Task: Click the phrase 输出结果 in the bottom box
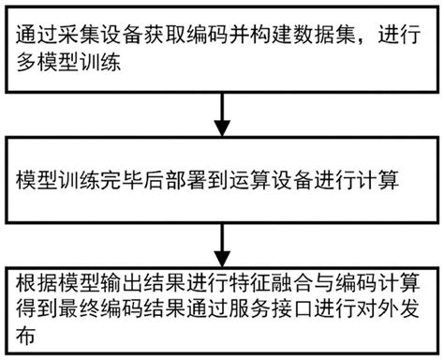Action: click(138, 281)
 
